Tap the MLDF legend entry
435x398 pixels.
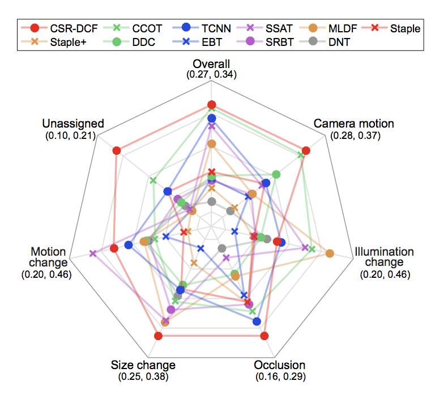tap(329, 28)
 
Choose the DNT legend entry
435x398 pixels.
tap(329, 41)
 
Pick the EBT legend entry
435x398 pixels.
tap(198, 41)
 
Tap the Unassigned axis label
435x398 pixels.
tap(73, 124)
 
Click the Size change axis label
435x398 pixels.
tap(143, 365)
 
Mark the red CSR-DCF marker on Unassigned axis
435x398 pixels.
tap(117, 150)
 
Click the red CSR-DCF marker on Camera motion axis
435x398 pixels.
tap(306, 150)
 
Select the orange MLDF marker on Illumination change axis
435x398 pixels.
tap(330, 253)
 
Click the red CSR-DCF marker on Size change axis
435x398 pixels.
tap(159, 336)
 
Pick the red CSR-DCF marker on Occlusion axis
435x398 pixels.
tap(264, 336)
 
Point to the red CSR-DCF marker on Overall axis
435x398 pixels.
tap(211, 104)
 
